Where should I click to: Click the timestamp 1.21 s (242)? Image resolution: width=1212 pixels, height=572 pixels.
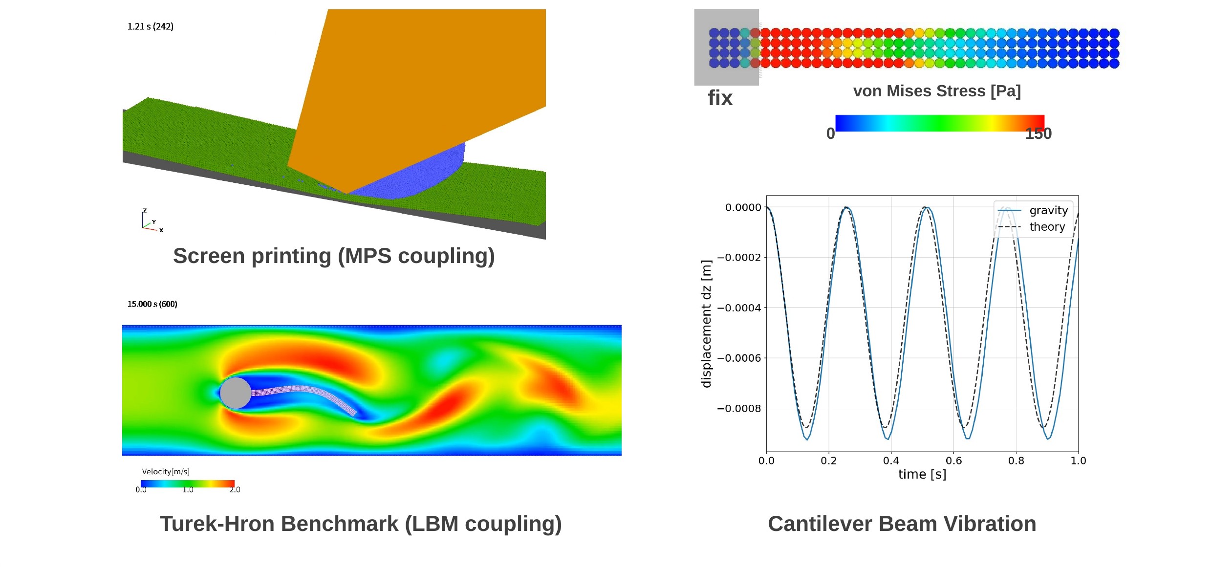click(x=151, y=26)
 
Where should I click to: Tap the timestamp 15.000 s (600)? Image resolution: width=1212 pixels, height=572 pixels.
click(x=152, y=304)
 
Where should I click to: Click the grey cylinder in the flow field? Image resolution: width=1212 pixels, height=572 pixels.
click(x=236, y=393)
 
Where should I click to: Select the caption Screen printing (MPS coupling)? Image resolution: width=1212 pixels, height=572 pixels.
click(x=334, y=256)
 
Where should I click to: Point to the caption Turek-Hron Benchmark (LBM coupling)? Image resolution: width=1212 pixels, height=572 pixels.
click(x=361, y=524)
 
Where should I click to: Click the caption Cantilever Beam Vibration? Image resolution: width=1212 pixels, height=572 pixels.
click(x=902, y=524)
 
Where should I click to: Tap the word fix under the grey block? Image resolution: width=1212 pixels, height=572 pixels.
click(x=720, y=98)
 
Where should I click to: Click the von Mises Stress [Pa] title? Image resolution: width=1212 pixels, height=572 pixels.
click(x=937, y=91)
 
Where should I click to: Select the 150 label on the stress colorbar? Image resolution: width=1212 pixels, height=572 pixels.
click(x=1039, y=133)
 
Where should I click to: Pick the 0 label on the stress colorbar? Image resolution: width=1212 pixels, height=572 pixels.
click(x=830, y=133)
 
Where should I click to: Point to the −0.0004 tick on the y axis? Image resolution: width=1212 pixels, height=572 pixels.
click(x=739, y=308)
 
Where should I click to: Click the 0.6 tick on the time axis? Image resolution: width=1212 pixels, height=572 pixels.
click(x=953, y=461)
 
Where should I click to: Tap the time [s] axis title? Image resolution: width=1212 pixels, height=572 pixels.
click(x=922, y=474)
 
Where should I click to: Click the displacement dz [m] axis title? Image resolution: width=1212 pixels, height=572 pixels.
click(x=706, y=324)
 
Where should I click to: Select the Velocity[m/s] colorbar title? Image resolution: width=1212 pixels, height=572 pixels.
click(x=166, y=472)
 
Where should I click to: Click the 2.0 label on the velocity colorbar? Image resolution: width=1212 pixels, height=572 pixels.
click(x=235, y=490)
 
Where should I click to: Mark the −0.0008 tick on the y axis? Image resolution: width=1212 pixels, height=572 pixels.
click(x=739, y=409)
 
